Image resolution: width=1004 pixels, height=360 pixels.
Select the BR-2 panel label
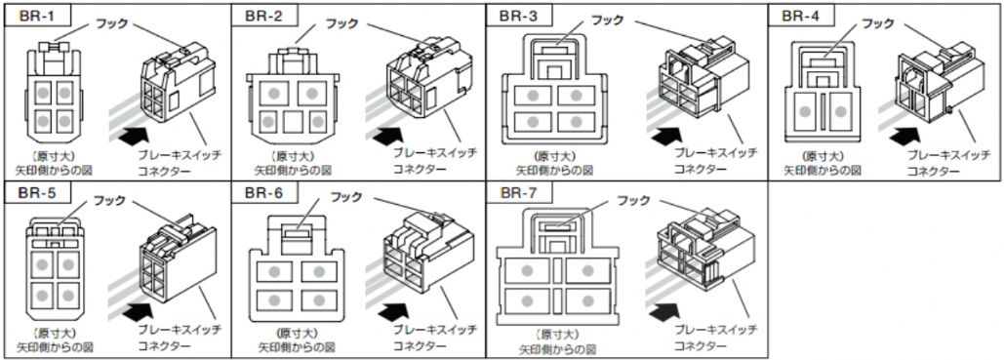[x=263, y=16]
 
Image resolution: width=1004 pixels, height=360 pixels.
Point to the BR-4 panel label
[x=800, y=16]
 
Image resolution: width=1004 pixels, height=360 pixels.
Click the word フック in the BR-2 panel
[x=341, y=23]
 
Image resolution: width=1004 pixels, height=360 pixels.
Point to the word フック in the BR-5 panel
[x=110, y=201]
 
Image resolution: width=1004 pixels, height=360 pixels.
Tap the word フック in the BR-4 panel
[x=876, y=23]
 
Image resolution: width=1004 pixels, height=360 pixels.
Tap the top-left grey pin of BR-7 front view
[x=527, y=270]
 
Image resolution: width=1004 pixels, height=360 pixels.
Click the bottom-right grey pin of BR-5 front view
[x=66, y=296]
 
